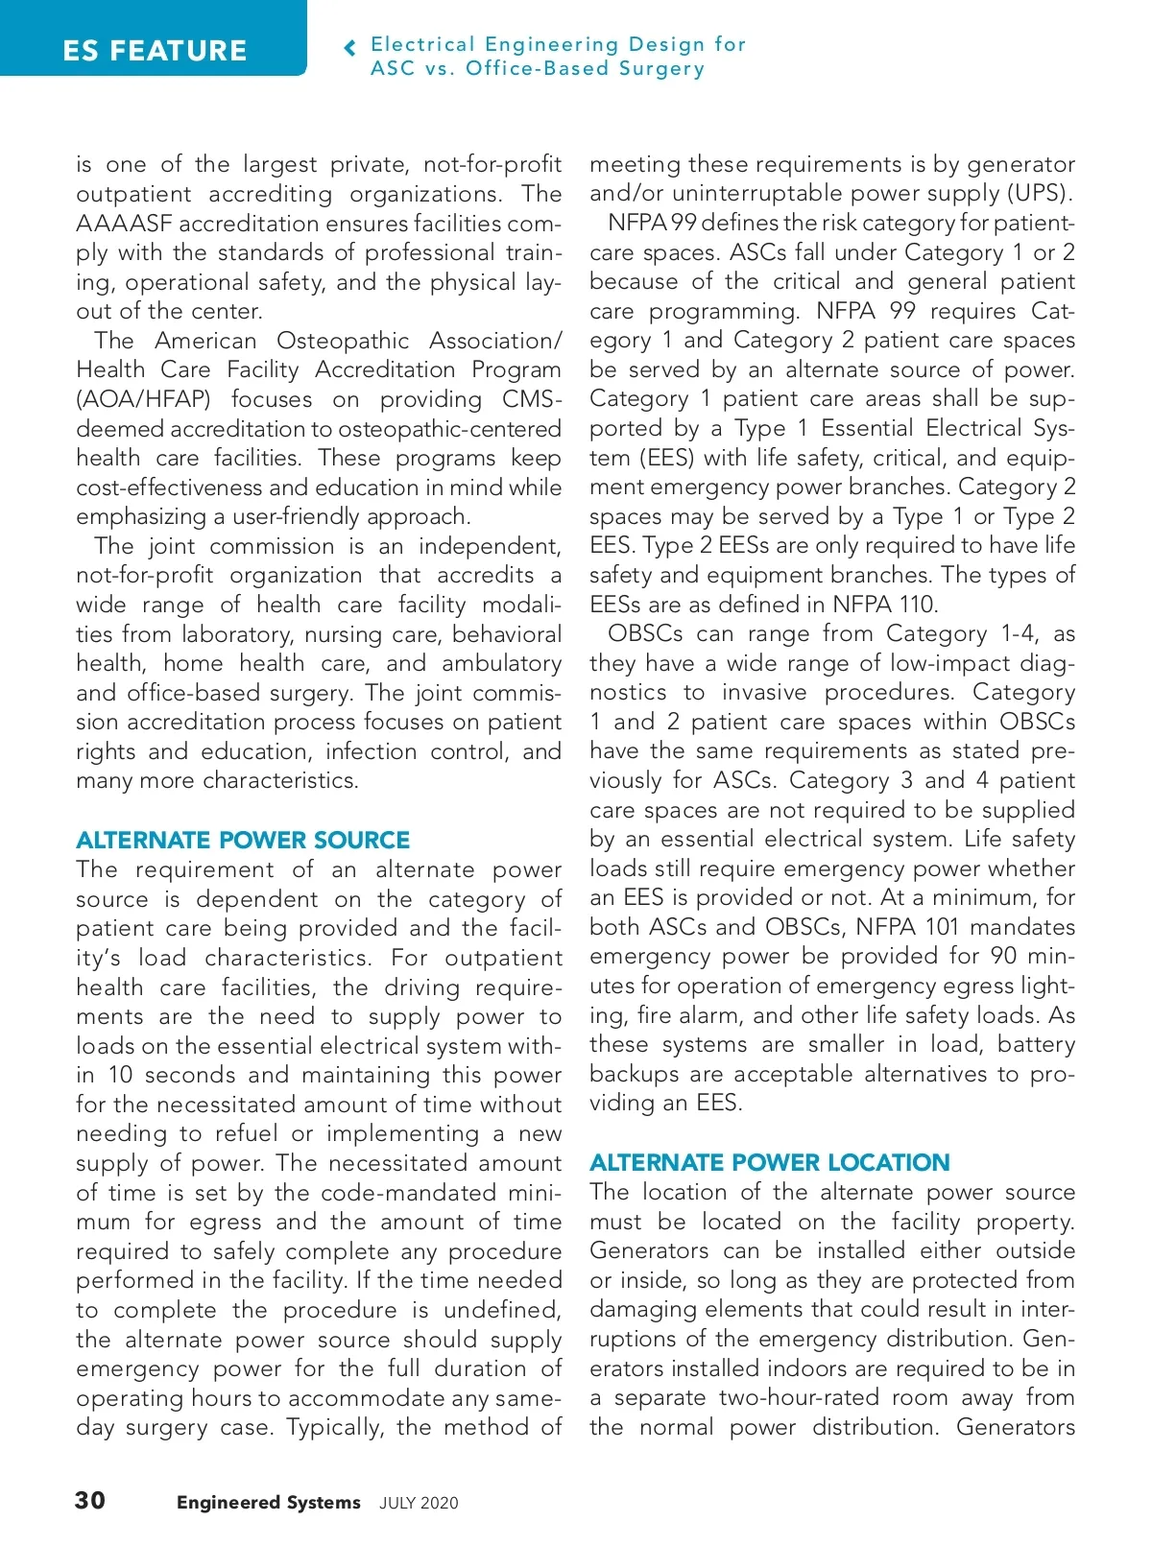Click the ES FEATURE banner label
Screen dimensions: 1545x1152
155,50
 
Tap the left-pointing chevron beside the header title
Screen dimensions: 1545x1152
350,48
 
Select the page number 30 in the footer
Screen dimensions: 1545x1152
90,1500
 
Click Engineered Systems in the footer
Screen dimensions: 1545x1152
269,1503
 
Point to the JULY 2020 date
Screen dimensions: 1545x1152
419,1504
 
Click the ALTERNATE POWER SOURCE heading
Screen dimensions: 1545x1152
243,840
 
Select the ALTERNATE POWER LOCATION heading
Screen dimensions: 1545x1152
770,1162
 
